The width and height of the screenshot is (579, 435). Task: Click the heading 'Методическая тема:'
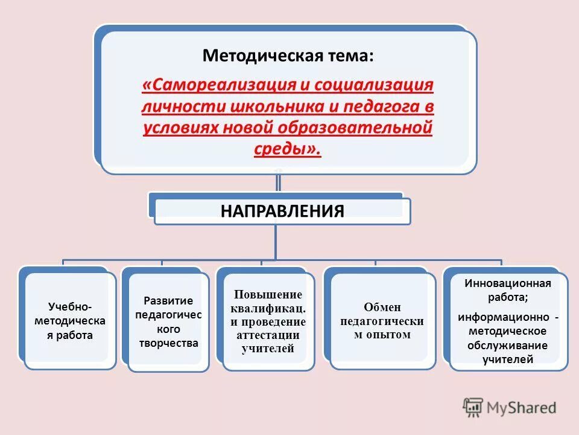click(x=288, y=56)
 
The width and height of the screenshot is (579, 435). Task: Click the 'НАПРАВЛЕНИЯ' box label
click(x=282, y=211)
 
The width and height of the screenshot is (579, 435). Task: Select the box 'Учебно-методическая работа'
click(x=70, y=320)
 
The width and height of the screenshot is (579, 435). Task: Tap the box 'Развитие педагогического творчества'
click(x=168, y=321)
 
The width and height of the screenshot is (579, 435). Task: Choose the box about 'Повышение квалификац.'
click(x=268, y=321)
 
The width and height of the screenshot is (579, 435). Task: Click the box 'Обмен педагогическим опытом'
click(x=382, y=321)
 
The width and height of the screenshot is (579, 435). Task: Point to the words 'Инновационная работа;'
click(x=508, y=289)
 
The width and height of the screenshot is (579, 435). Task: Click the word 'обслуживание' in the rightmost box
click(x=507, y=346)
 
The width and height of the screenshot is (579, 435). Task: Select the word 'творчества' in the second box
click(x=168, y=343)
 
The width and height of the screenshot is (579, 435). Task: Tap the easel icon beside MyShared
click(x=473, y=407)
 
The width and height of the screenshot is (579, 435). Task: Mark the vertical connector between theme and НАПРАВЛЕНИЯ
click(x=278, y=183)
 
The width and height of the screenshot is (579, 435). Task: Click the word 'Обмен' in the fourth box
click(x=382, y=308)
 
